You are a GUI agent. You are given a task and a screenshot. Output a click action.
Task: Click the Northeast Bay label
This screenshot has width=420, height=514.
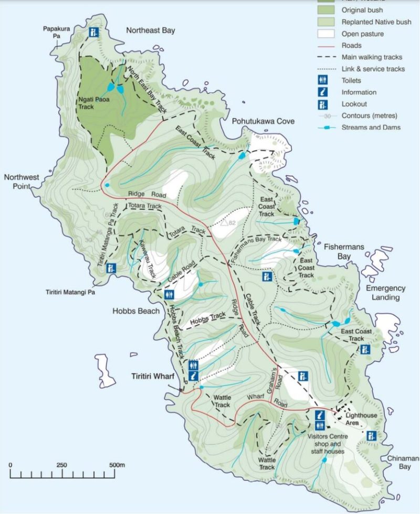(150, 30)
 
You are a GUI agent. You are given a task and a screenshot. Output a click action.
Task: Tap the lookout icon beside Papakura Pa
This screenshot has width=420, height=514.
(94, 33)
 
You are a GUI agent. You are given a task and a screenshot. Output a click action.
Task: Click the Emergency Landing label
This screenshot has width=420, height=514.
(386, 293)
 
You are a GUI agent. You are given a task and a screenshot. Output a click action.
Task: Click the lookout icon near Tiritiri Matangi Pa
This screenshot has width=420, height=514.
(111, 269)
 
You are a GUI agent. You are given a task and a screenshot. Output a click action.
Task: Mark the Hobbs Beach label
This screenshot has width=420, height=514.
(135, 311)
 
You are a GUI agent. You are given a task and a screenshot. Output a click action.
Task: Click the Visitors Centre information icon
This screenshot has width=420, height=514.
(320, 414)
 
